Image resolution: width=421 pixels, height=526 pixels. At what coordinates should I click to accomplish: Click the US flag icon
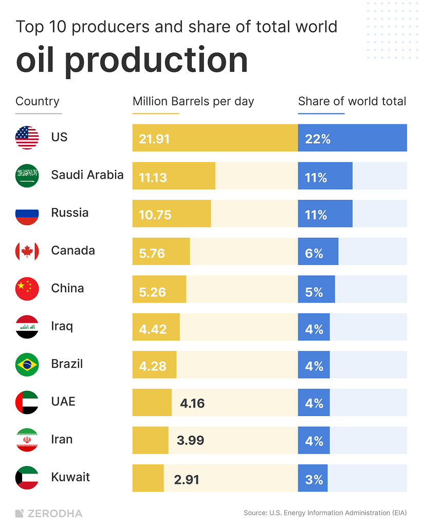27,138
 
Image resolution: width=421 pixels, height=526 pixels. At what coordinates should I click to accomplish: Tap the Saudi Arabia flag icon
27,176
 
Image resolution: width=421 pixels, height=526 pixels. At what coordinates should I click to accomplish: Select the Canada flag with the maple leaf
27,251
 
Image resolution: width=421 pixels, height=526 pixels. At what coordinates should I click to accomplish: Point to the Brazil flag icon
27,365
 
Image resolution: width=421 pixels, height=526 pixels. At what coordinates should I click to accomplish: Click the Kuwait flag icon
27,478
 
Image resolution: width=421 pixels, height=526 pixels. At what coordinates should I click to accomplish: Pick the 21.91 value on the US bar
154,139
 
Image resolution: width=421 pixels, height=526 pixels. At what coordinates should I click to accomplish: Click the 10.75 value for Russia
155,214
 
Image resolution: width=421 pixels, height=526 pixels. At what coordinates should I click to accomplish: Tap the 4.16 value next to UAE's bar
192,403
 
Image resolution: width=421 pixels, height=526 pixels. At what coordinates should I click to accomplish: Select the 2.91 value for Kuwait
187,479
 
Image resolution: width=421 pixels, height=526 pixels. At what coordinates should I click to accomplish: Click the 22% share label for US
318,139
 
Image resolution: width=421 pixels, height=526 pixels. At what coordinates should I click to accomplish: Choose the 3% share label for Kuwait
314,479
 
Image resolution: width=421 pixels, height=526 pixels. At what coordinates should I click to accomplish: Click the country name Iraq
62,326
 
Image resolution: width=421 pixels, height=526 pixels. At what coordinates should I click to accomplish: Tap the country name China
67,288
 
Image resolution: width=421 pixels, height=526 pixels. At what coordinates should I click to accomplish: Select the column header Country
38,101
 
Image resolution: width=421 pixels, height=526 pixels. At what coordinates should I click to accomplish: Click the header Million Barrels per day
193,101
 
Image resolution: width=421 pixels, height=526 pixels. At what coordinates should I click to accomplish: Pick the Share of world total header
352,101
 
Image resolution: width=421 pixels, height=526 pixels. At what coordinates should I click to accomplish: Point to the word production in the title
156,61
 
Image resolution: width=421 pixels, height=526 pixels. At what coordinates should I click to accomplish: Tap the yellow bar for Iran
150,440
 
